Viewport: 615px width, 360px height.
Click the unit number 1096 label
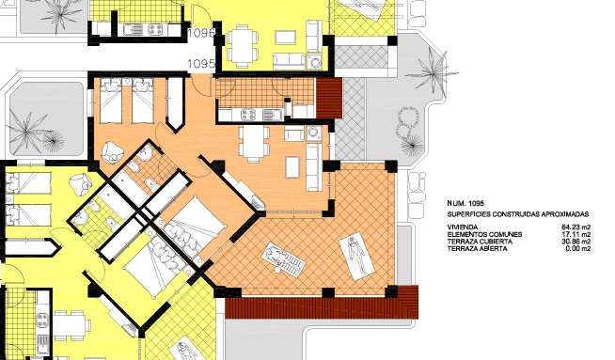201,33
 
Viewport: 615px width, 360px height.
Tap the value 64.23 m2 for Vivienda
574,227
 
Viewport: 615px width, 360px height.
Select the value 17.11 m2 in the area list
574,234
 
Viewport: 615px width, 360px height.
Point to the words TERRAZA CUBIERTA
480,242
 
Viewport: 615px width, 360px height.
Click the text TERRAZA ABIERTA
478,249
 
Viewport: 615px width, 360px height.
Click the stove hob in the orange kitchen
251,116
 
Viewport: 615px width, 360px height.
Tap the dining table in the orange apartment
253,142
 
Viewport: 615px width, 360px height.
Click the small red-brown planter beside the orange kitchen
329,96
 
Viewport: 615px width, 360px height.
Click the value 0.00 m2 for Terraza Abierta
576,249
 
